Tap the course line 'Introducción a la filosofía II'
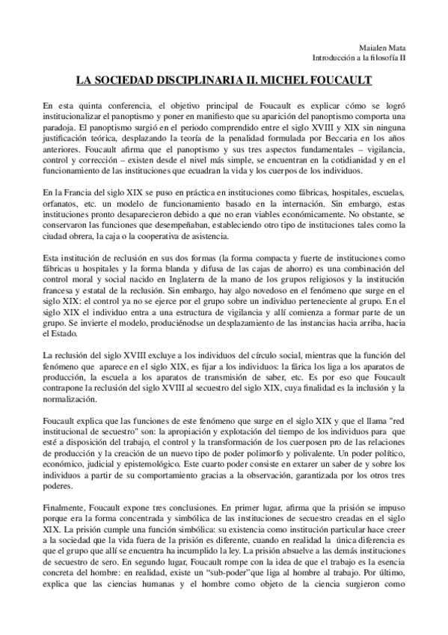click(360, 57)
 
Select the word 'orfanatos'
click(62, 203)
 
